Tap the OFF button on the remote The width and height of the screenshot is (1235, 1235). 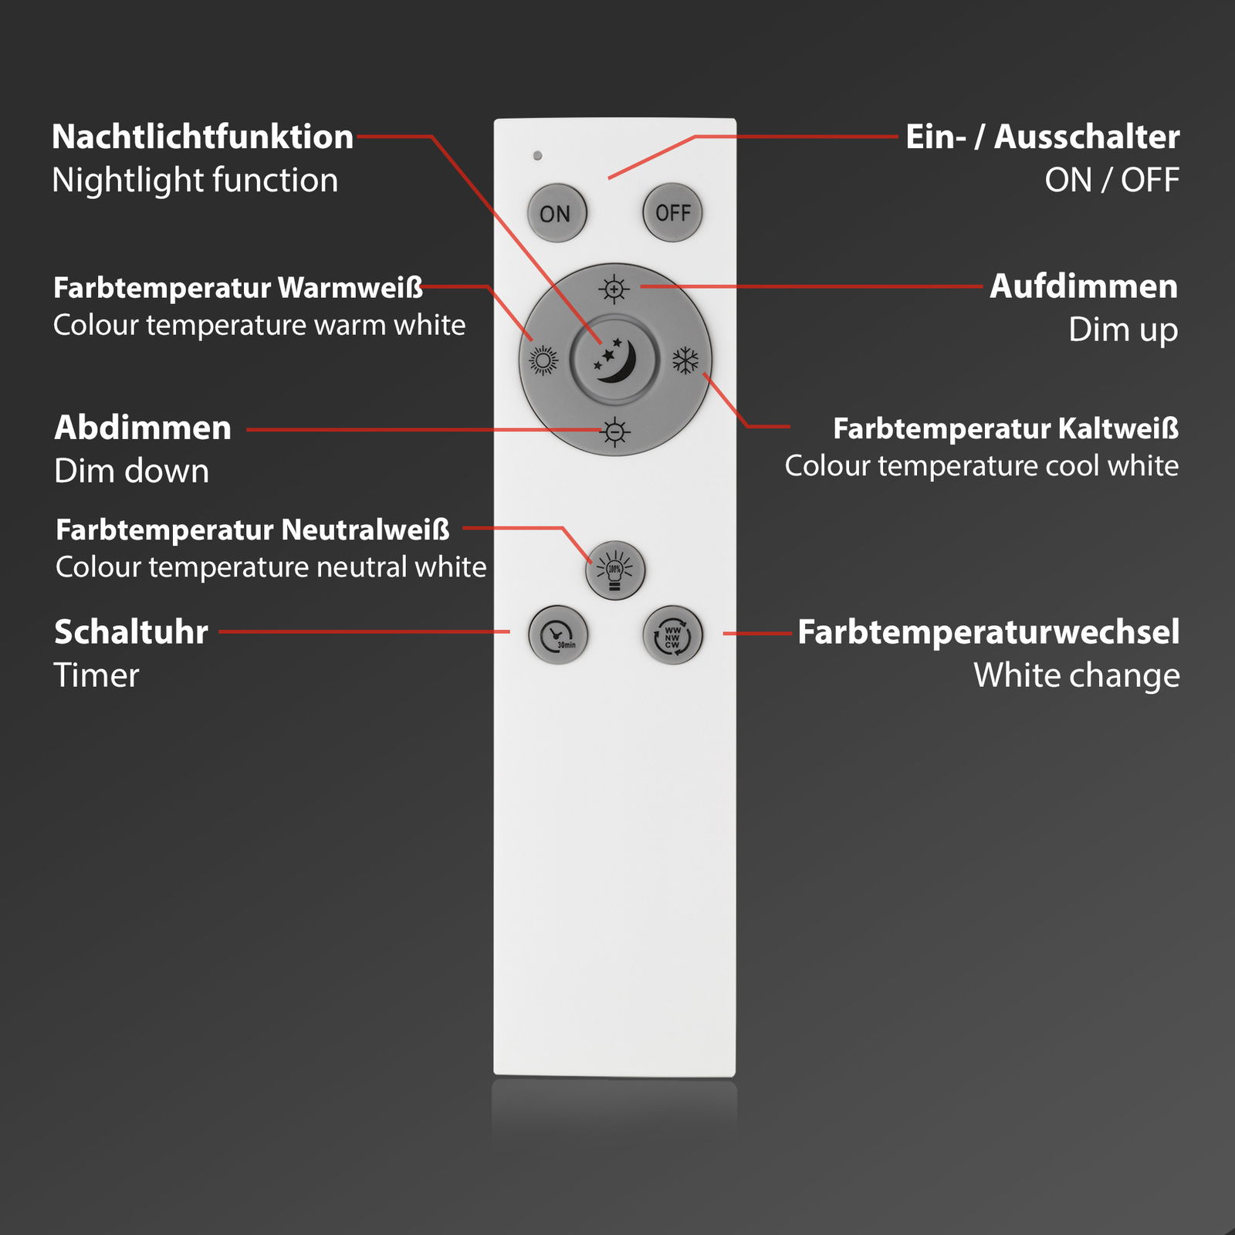click(672, 212)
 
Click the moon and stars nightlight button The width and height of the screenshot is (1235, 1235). click(614, 360)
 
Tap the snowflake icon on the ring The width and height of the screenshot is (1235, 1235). click(685, 360)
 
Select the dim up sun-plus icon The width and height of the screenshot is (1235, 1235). click(614, 289)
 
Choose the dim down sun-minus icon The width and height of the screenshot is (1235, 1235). click(614, 431)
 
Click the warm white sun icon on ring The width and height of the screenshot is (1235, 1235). click(543, 360)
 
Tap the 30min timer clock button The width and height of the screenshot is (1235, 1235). click(558, 635)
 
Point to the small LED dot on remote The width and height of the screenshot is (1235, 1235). click(537, 156)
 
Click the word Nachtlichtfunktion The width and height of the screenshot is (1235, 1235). click(202, 137)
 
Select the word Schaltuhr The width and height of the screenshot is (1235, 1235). click(131, 632)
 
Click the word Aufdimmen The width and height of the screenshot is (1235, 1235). click(1084, 286)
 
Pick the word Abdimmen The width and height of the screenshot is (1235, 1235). click(143, 428)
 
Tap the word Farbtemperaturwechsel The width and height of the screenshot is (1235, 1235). click(988, 632)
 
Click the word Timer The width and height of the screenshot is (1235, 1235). click(96, 675)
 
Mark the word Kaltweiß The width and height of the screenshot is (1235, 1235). click(1118, 428)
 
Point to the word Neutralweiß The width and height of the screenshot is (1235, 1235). click(365, 530)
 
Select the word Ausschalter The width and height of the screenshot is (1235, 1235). click(1087, 137)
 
